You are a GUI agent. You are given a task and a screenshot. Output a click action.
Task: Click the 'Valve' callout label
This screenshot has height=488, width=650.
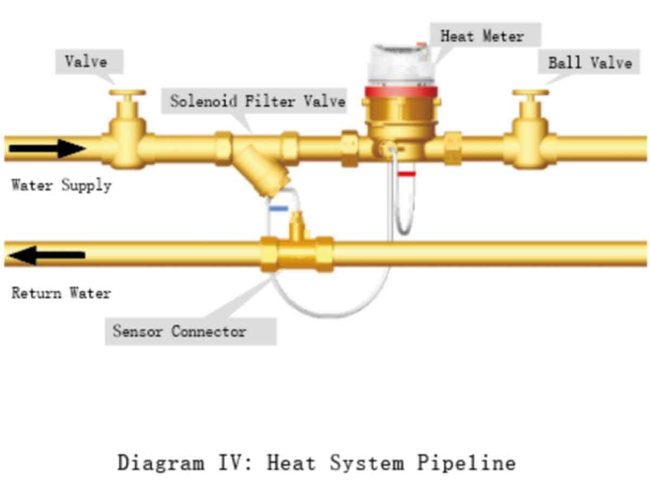(x=89, y=61)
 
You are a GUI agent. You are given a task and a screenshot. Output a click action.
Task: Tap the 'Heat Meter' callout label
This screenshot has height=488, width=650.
(x=485, y=35)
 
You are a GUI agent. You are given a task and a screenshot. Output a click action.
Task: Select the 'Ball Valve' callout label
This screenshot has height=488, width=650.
(x=589, y=61)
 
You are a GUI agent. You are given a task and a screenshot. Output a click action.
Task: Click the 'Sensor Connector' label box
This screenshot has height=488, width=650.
(x=191, y=331)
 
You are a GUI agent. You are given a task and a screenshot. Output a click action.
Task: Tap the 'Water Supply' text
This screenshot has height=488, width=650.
(x=61, y=185)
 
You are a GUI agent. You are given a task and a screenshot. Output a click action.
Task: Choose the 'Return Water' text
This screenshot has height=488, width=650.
(x=61, y=293)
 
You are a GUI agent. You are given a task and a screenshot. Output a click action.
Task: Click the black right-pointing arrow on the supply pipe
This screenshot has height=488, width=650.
(x=47, y=148)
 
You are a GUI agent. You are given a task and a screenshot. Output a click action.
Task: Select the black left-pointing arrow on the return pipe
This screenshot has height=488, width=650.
(x=47, y=255)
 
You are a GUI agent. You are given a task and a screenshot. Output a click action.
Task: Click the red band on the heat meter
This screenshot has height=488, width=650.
(x=401, y=92)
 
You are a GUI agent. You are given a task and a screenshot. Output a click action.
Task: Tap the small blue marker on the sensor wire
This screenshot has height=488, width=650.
(x=278, y=209)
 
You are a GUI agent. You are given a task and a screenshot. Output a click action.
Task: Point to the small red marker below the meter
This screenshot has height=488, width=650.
(x=407, y=174)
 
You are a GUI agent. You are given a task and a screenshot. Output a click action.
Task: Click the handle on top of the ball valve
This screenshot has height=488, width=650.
(x=531, y=92)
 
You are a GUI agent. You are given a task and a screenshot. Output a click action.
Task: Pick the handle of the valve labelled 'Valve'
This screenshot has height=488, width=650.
(x=127, y=92)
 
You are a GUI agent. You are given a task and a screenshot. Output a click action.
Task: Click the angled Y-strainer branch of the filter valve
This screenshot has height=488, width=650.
(x=262, y=170)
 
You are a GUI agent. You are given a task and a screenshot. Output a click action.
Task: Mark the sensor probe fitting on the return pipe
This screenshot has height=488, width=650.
(x=297, y=225)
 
